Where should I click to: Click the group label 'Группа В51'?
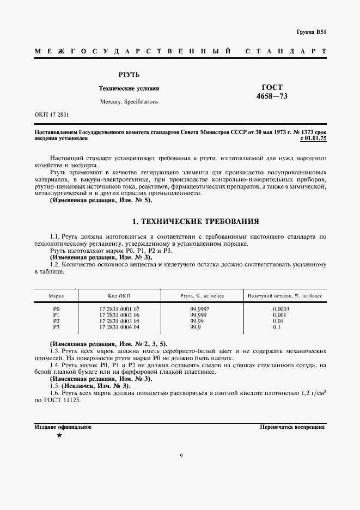(x=311, y=32)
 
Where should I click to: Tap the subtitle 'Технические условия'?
(x=129, y=88)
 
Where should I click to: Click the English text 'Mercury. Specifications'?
(x=129, y=101)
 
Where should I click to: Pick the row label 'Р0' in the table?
(x=56, y=309)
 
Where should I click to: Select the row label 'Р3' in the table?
(x=56, y=327)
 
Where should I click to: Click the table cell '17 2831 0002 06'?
(x=119, y=315)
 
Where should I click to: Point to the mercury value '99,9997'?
(x=199, y=309)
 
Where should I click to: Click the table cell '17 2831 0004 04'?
(x=119, y=327)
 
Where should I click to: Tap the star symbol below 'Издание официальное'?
(x=59, y=436)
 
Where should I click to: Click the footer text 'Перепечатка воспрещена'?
(x=292, y=427)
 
